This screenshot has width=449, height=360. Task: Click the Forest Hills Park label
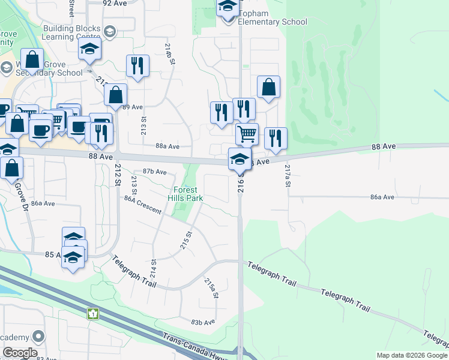[185, 194]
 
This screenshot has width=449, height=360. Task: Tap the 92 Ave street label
[115, 3]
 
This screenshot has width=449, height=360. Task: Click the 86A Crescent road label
[143, 204]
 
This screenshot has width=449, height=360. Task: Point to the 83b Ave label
[203, 322]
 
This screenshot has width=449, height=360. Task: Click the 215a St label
[211, 289]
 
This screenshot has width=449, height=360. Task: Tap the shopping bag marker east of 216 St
[268, 86]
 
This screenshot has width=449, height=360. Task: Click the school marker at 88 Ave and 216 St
[240, 159]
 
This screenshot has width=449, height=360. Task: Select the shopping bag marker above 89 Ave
[115, 94]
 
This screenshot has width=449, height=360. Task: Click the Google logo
[19, 353]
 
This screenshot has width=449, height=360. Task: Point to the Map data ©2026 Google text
[411, 355]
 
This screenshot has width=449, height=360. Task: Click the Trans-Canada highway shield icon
[92, 313]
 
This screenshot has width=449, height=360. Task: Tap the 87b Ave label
[154, 172]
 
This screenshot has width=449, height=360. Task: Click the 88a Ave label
[167, 146]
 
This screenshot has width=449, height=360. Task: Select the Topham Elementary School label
[264, 18]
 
